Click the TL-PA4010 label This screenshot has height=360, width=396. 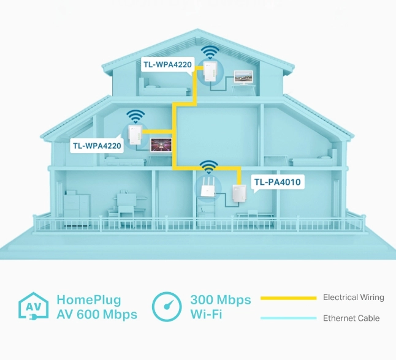coord(278,182)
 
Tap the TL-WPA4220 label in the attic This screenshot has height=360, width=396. coord(168,64)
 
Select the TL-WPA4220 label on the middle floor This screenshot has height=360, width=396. coord(97,146)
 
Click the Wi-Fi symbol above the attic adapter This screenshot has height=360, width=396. coord(210,53)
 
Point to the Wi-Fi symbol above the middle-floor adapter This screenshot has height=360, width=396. coord(135,116)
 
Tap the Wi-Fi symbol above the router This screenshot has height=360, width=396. coord(208,167)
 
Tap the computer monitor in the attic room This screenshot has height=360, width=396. coord(243,77)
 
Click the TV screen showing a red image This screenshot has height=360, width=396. coord(161,145)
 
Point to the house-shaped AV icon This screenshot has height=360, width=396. coord(33,306)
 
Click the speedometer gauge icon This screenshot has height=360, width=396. coord(167,307)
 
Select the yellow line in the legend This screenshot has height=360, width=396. coord(288,298)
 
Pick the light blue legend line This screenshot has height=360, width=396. coord(288,318)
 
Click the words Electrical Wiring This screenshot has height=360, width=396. coord(354,297)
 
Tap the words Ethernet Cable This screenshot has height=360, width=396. coord(351,318)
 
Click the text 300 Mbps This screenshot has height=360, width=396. coord(221,300)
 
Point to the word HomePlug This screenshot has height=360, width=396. coord(89,300)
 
